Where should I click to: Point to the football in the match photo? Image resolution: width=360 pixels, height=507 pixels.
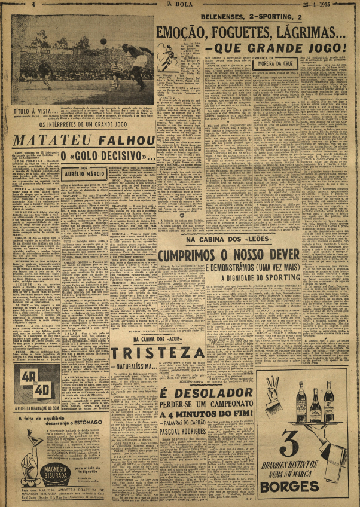pos(103,41)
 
